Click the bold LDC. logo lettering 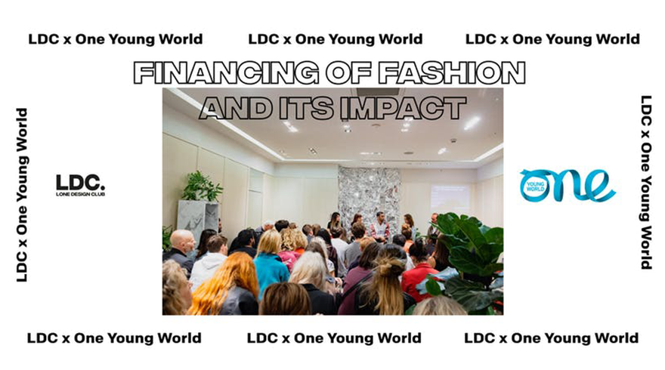click(x=80, y=182)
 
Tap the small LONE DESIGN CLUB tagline click(x=80, y=194)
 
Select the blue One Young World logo click(x=568, y=185)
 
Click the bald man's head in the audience click(x=182, y=240)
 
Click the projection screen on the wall click(x=450, y=199)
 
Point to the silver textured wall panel click(x=370, y=196)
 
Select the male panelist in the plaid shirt click(x=380, y=227)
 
